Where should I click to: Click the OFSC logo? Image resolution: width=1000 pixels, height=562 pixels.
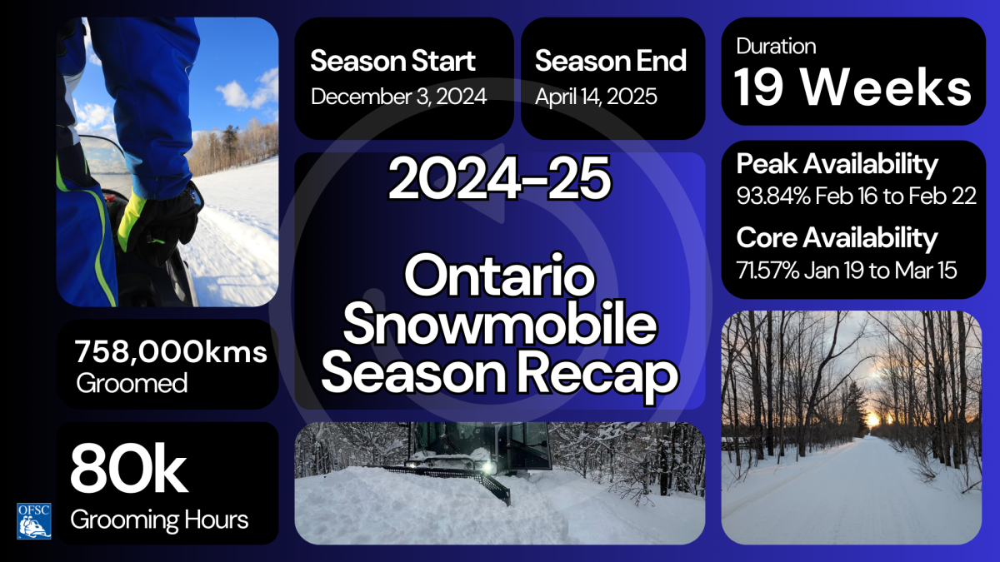point(34,520)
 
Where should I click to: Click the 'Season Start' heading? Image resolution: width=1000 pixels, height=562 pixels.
point(392,61)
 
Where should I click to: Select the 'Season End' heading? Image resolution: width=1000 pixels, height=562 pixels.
point(610,61)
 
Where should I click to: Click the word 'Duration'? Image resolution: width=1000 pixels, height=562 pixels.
point(776,46)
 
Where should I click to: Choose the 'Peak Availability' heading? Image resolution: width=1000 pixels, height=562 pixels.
point(837,164)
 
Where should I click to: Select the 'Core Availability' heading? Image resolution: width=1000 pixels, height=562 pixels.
point(837,238)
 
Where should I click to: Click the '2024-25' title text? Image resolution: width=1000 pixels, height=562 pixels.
point(499,181)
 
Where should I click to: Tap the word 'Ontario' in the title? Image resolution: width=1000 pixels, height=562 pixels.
point(499,279)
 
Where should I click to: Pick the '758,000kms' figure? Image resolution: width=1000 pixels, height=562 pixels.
point(171,352)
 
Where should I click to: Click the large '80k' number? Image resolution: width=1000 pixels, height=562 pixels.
point(128,470)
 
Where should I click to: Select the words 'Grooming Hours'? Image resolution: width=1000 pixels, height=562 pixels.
point(159,520)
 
